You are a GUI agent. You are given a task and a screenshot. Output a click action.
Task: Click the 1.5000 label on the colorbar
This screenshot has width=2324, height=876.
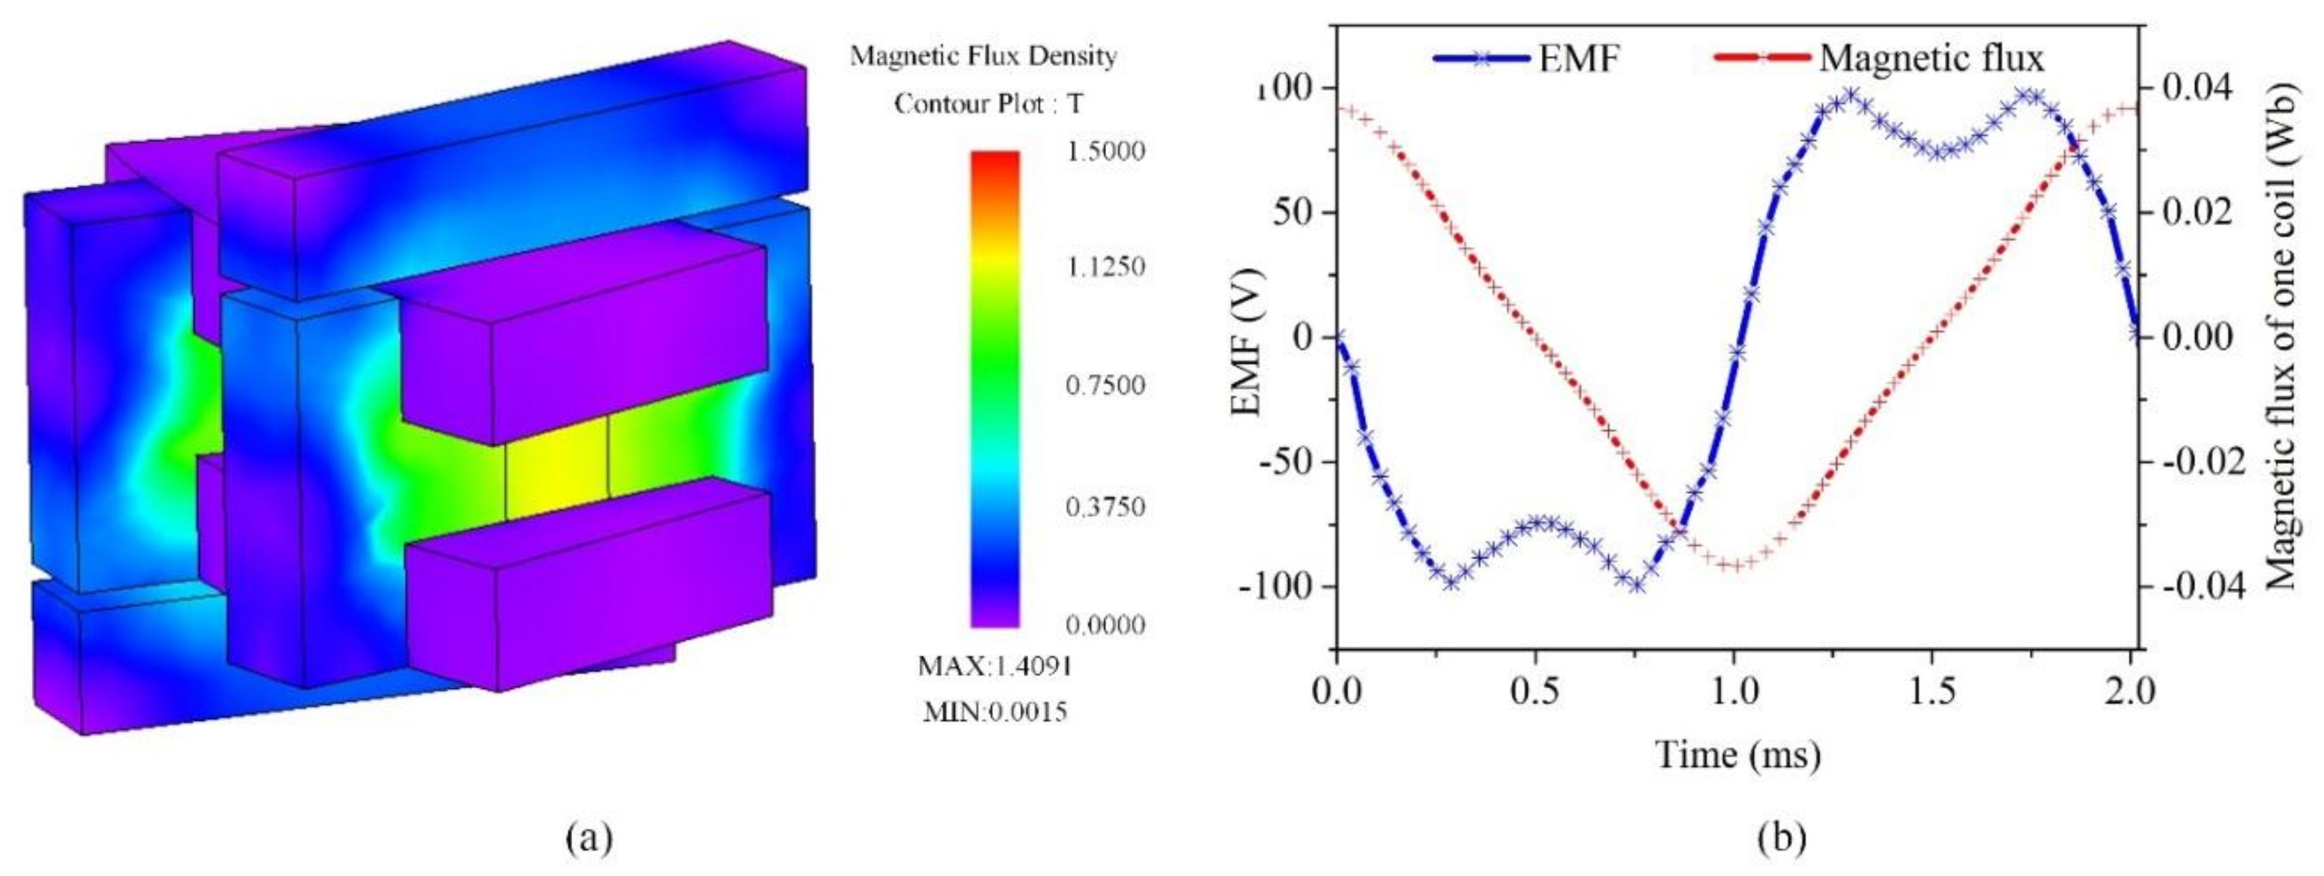tap(1105, 151)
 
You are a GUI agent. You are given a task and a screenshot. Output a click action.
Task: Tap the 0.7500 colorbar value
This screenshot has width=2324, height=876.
tap(1105, 386)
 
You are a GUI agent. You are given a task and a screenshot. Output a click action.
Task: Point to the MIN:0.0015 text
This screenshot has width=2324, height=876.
tap(995, 712)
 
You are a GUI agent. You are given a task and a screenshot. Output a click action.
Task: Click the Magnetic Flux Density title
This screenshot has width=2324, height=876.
tap(983, 56)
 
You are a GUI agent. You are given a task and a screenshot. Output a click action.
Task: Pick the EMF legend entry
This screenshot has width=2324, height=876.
tap(1528, 59)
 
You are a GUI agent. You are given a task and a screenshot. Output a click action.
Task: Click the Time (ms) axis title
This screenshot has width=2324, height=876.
tap(1738, 754)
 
